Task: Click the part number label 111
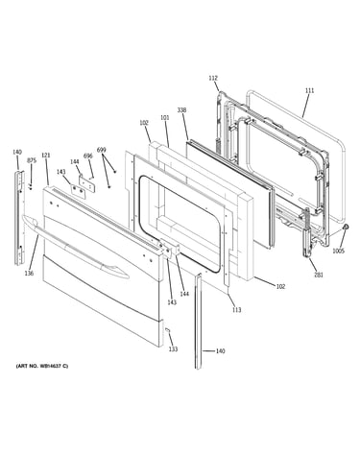(x=309, y=91)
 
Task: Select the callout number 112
(x=213, y=78)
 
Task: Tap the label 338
(x=181, y=110)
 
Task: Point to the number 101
(x=164, y=118)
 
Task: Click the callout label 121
(x=46, y=156)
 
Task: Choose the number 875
(x=32, y=160)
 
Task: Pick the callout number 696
(x=88, y=156)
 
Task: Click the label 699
(x=101, y=150)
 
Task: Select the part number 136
(x=29, y=273)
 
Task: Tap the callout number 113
(x=236, y=310)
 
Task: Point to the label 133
(x=173, y=349)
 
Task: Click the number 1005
(x=338, y=252)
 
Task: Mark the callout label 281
(x=319, y=275)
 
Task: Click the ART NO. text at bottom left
(x=42, y=366)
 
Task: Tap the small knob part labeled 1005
(x=346, y=227)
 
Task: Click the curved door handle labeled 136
(x=76, y=247)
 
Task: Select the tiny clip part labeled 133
(x=167, y=330)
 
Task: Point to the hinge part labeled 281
(x=307, y=232)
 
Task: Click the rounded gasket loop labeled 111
(x=343, y=160)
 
